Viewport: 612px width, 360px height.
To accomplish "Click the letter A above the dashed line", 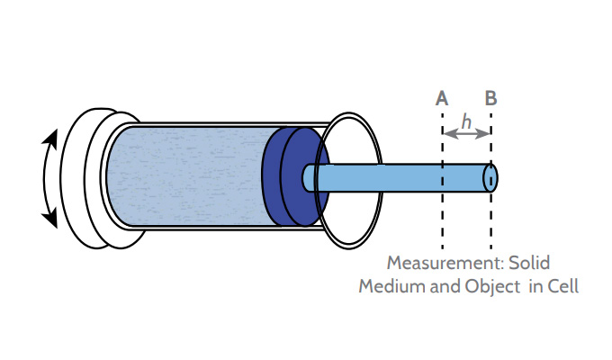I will click(442, 98).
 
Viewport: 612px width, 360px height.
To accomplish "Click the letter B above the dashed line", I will click(490, 98).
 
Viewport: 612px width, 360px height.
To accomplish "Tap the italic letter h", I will click(465, 120).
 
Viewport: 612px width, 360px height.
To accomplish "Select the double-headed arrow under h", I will click(466, 134).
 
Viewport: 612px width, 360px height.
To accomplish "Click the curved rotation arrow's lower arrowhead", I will click(52, 217).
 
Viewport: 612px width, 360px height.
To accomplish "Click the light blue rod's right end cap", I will click(490, 177).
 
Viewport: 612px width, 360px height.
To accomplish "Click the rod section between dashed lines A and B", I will click(465, 177).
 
